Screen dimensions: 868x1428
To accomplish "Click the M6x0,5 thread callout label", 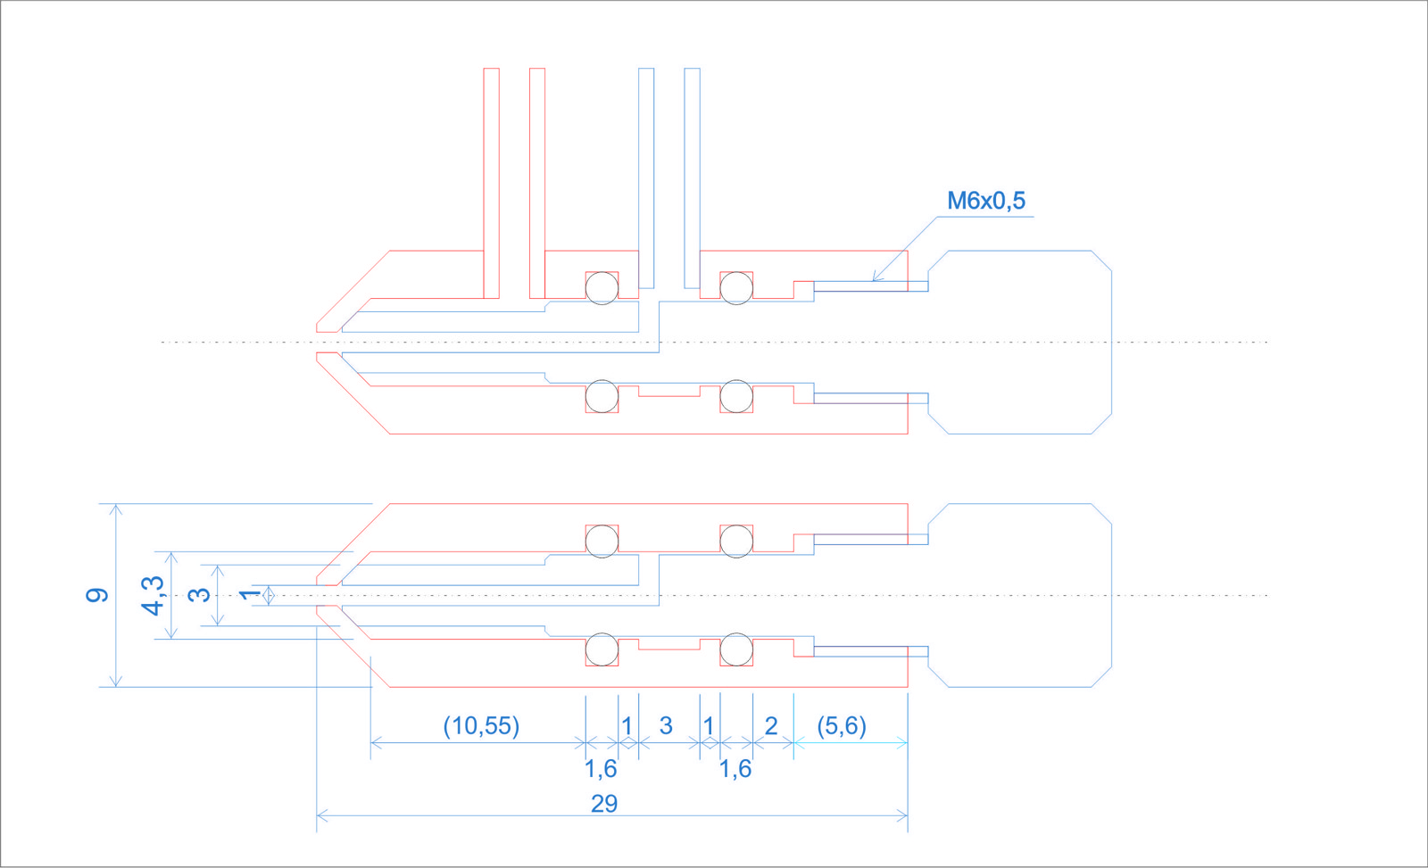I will point(985,201).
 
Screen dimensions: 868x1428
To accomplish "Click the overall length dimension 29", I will point(604,804).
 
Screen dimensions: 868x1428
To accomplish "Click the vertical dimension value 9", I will point(97,595).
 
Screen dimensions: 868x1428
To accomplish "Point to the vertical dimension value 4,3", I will point(154,595).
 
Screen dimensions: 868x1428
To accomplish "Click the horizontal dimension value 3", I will point(666,726).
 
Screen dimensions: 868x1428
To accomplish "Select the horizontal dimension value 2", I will point(771,726).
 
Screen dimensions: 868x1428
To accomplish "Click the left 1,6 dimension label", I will point(601,769).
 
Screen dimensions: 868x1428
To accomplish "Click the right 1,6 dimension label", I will point(735,769).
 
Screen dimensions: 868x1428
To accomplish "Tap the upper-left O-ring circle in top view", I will point(602,288).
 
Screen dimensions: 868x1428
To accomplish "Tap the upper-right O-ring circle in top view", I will point(736,288).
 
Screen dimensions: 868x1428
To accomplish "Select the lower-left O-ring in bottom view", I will point(602,650).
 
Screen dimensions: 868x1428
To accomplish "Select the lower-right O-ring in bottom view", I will point(736,650).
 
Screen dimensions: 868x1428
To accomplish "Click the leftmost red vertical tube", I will point(491,178).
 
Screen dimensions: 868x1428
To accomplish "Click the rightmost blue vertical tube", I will point(692,178).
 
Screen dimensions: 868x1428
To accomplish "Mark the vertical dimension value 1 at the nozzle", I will point(250,594).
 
